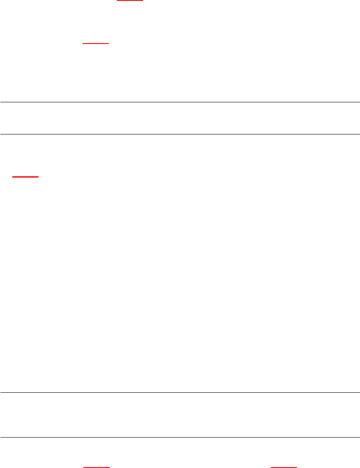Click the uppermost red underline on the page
(x=129, y=1)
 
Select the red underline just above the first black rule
(x=96, y=44)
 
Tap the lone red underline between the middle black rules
(x=25, y=177)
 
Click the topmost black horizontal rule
(x=180, y=102)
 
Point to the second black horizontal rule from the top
(x=180, y=134)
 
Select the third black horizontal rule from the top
(x=180, y=393)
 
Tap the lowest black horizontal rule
(x=180, y=437)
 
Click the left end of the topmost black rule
(x=1, y=102)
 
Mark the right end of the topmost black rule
(x=359, y=102)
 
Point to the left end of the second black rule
(x=1, y=134)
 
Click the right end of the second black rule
(x=359, y=134)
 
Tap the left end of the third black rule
(x=1, y=393)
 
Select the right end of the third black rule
(x=359, y=393)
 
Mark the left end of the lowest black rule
(x=1, y=437)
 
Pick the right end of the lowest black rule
(x=359, y=437)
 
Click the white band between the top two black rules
(x=180, y=118)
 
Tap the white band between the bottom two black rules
(x=180, y=415)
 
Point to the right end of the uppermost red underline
(x=143, y=1)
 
